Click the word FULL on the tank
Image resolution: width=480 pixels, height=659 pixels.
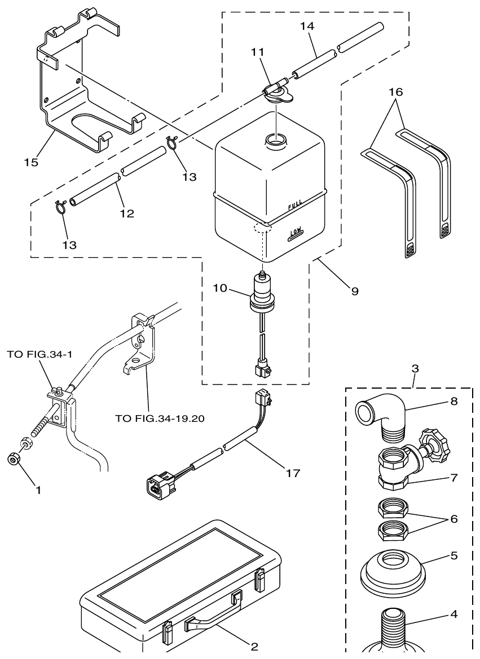(x=295, y=206)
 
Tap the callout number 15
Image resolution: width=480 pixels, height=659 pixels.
(x=31, y=163)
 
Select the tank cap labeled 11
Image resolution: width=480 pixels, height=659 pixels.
(x=276, y=92)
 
